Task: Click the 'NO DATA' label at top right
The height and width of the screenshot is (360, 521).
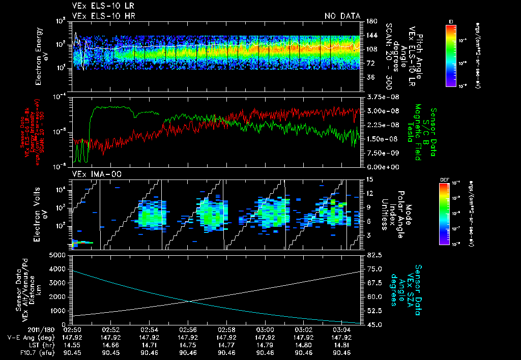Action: pyautogui.click(x=342, y=16)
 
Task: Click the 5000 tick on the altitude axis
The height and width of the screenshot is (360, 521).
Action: pyautogui.click(x=60, y=255)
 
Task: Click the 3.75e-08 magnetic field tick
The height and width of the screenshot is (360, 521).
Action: pyautogui.click(x=377, y=97)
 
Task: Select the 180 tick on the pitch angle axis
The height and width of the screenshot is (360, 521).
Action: pyautogui.click(x=370, y=21)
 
